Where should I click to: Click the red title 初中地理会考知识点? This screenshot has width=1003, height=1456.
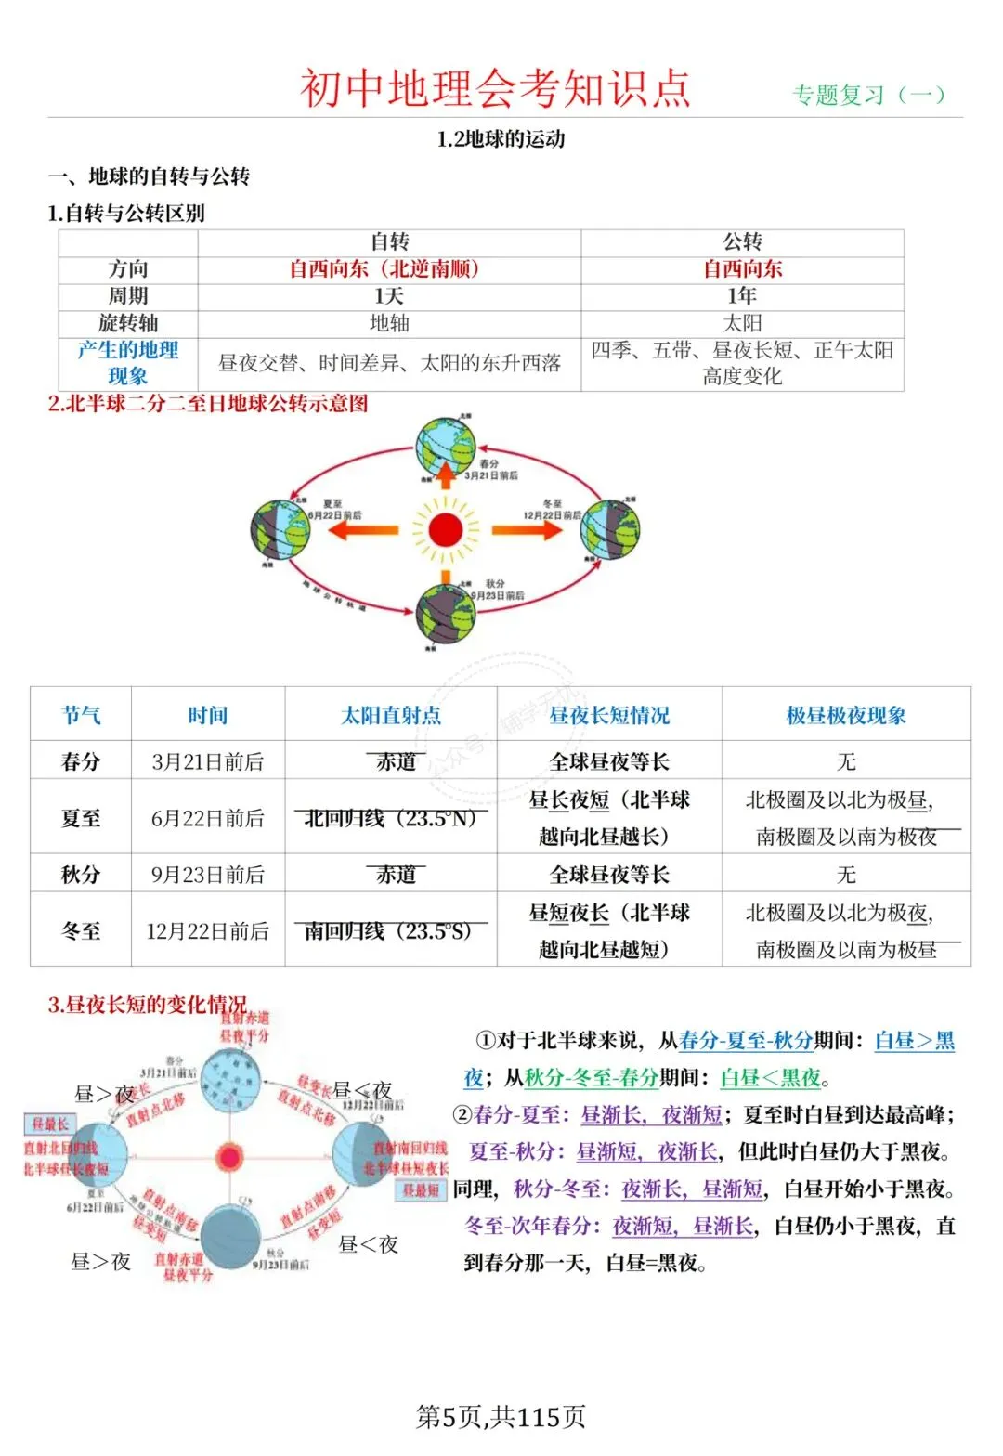(x=495, y=89)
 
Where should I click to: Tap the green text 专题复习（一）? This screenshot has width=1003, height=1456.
(x=867, y=95)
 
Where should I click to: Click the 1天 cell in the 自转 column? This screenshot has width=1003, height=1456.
(x=389, y=296)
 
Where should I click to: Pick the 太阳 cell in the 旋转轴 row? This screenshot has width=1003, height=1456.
(x=742, y=323)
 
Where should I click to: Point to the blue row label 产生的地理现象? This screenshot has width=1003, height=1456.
(x=128, y=363)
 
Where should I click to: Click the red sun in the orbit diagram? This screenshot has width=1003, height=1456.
(x=446, y=530)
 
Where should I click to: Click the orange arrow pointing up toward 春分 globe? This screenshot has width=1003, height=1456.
(x=446, y=474)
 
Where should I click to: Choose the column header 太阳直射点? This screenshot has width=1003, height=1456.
(x=391, y=715)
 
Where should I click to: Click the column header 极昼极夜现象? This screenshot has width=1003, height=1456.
(x=846, y=715)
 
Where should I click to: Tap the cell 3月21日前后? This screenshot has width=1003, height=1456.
(x=208, y=762)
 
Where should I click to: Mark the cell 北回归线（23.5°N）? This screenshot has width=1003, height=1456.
(x=390, y=818)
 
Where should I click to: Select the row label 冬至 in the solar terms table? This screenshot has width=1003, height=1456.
(x=81, y=930)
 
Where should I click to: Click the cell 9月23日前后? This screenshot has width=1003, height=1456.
(x=208, y=875)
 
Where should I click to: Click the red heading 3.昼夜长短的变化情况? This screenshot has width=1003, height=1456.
(x=148, y=1005)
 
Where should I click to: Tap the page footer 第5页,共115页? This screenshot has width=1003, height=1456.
(x=501, y=1417)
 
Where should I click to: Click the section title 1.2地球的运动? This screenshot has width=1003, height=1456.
(x=501, y=139)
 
